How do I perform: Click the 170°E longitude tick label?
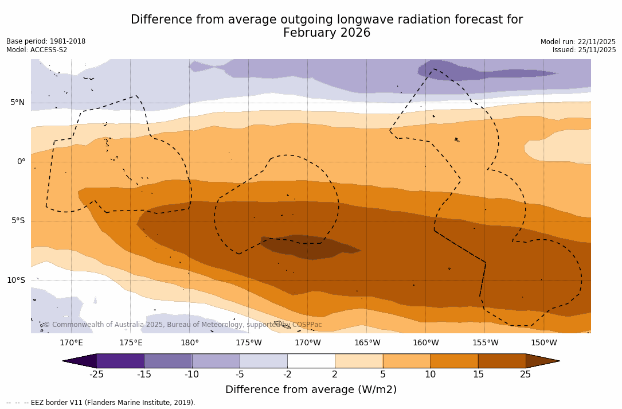[71, 343]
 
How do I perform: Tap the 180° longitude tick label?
[190, 343]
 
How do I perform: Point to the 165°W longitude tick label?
[367, 343]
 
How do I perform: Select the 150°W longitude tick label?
[543, 343]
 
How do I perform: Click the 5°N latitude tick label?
[17, 103]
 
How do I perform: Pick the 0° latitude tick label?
[21, 162]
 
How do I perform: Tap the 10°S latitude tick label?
[15, 281]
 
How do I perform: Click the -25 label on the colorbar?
[96, 375]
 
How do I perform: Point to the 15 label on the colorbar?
[478, 375]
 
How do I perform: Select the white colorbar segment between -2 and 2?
[311, 361]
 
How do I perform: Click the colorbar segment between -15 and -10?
[168, 361]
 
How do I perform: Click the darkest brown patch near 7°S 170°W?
[310, 247]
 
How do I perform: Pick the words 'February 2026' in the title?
[327, 33]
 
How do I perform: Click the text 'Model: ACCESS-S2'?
[37, 50]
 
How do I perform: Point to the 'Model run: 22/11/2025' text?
[578, 42]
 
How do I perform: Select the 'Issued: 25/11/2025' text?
[584, 50]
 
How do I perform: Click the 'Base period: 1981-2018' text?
[46, 41]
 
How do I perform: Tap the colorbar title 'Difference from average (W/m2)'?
[311, 390]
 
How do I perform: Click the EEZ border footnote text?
[101, 403]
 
